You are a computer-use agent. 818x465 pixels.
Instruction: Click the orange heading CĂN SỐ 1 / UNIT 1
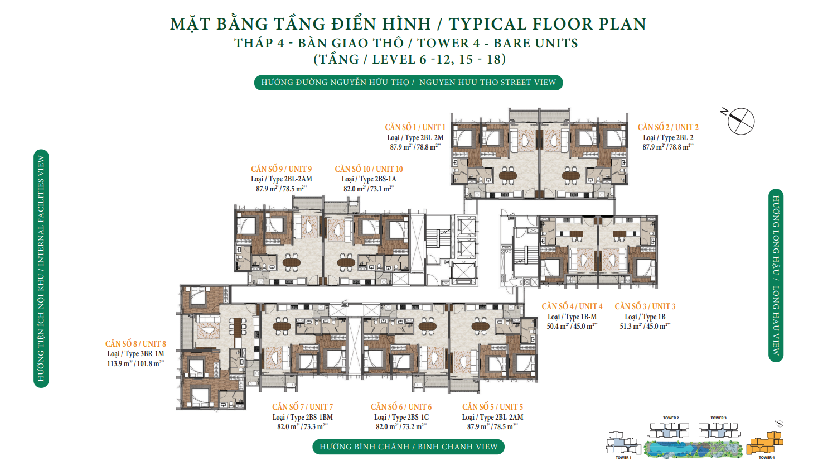(x=415, y=127)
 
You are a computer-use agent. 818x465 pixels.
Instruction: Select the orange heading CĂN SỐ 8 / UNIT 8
(x=135, y=344)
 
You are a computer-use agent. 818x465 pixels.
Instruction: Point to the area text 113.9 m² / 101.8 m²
(x=135, y=363)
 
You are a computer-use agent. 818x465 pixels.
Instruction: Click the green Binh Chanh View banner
(x=408, y=447)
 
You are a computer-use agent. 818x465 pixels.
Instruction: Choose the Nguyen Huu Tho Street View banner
(x=408, y=82)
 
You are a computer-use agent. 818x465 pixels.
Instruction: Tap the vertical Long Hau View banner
(x=776, y=275)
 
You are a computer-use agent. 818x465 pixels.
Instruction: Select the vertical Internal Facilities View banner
(x=41, y=269)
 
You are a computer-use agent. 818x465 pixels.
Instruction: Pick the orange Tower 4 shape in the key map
(x=766, y=443)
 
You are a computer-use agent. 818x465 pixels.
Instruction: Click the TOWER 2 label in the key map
(x=671, y=418)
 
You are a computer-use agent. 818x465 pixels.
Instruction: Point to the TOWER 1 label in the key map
(x=623, y=457)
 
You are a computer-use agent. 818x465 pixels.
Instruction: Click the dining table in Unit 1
(x=507, y=175)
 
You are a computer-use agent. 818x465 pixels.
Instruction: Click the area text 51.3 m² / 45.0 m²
(x=645, y=326)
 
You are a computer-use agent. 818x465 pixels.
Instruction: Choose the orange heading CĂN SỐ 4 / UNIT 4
(x=572, y=306)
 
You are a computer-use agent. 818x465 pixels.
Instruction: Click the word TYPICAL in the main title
(x=487, y=24)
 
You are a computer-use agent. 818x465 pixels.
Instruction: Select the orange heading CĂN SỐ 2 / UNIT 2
(x=668, y=127)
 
